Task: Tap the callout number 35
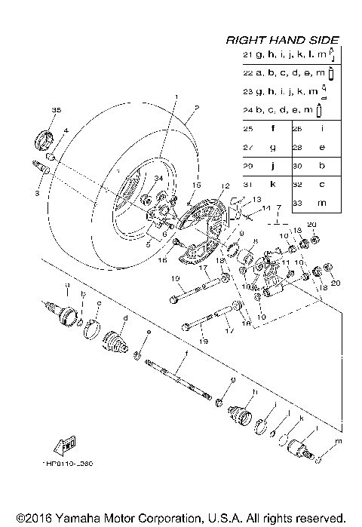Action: [x=55, y=111]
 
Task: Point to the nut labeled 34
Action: [x=146, y=200]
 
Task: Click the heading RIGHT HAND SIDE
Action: [x=283, y=40]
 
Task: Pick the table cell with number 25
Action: [x=248, y=129]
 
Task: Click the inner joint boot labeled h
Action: [x=240, y=414]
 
